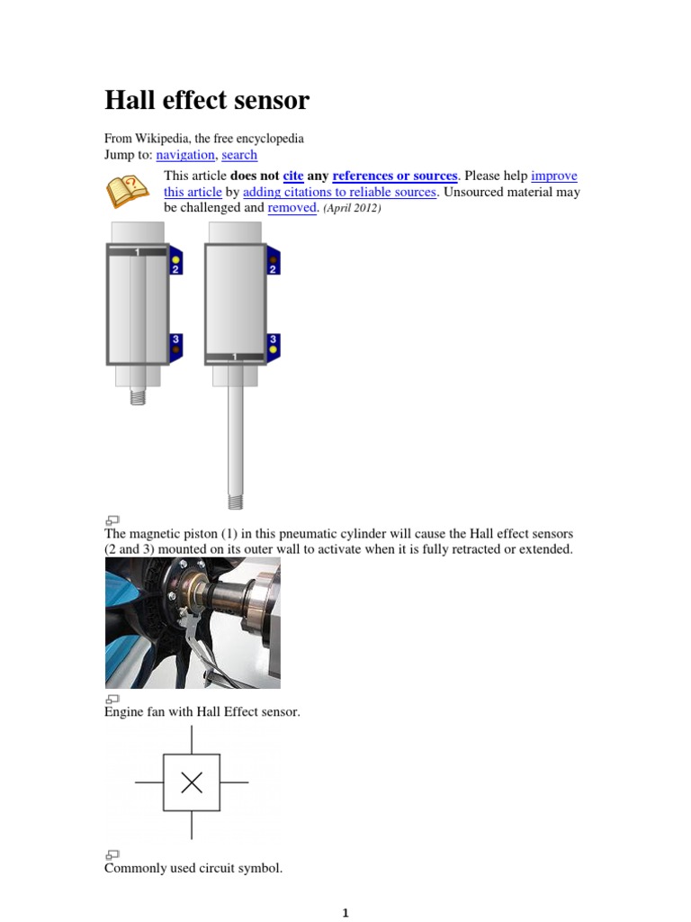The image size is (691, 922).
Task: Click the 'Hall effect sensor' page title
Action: tap(207, 100)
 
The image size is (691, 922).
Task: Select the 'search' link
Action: tap(239, 155)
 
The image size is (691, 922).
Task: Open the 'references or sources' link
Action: tap(395, 176)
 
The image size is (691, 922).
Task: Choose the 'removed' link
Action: tap(292, 207)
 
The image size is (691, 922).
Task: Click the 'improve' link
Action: tap(554, 176)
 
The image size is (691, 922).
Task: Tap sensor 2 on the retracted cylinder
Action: tap(175, 263)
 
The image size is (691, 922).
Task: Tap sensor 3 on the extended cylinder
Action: tap(273, 343)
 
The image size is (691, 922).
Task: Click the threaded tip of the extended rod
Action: tap(235, 500)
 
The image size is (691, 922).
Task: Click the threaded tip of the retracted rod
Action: tap(138, 395)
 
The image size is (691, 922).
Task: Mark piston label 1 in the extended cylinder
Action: tap(236, 357)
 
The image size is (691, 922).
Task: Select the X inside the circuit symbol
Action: tap(192, 782)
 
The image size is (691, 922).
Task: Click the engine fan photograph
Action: tap(193, 622)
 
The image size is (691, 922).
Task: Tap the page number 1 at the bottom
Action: tap(345, 913)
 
